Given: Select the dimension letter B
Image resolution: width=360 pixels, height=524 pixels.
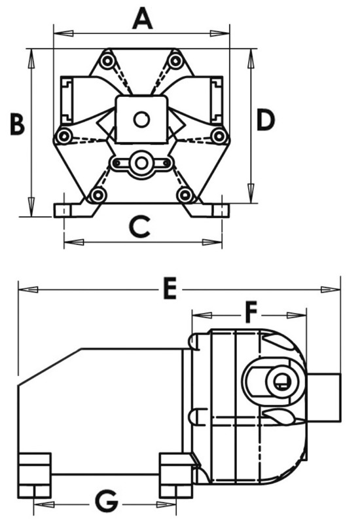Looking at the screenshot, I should (17, 123).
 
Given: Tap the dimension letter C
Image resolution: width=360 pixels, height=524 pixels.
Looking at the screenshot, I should (141, 227).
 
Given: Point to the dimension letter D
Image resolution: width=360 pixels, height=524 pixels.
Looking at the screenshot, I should (265, 120).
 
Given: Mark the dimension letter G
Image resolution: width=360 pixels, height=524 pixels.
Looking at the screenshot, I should (107, 502).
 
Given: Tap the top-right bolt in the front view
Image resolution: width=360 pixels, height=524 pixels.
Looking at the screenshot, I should (175, 61).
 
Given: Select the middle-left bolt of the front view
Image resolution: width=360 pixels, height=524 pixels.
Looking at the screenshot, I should (63, 136).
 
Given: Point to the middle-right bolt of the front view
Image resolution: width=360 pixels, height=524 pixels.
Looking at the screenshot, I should (219, 136).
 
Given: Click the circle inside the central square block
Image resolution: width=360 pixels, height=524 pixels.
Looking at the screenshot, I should (141, 119).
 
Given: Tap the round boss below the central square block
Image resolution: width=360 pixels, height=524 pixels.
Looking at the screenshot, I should (141, 162).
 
